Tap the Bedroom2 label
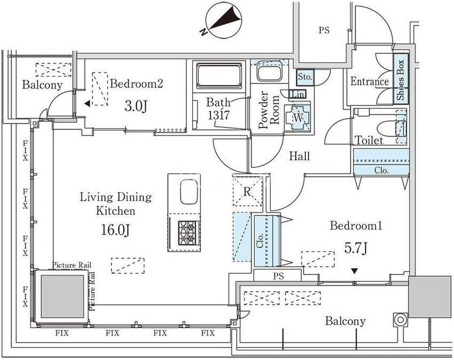[x=137, y=84]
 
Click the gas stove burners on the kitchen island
[x=187, y=232]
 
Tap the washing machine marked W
[x=298, y=117]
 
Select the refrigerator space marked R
[x=247, y=192]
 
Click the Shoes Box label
[x=400, y=81]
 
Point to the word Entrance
[x=369, y=82]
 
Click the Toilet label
[x=368, y=140]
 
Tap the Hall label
[x=299, y=156]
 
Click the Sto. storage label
[x=305, y=75]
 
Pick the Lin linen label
[x=298, y=94]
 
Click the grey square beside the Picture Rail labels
[x=61, y=297]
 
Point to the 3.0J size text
[x=137, y=105]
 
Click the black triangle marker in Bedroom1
[x=355, y=271]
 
